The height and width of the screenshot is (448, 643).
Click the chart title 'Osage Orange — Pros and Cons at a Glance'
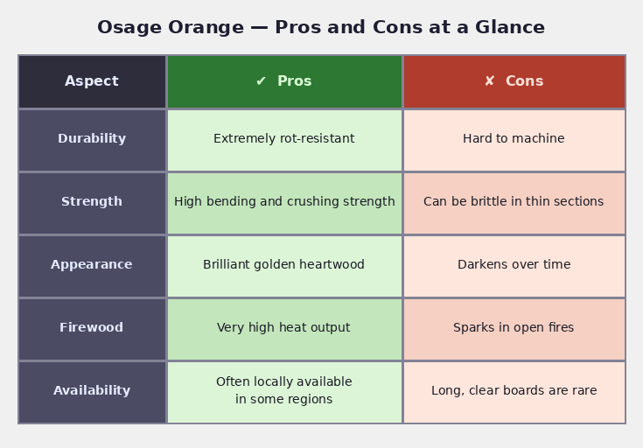(x=321, y=27)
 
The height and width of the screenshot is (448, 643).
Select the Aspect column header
(x=92, y=81)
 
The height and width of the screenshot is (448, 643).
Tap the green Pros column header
(x=284, y=81)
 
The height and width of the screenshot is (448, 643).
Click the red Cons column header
(x=514, y=81)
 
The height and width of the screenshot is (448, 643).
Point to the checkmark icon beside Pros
(x=261, y=81)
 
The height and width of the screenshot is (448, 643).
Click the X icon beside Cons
(x=490, y=81)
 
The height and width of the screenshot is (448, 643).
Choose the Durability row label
(x=92, y=139)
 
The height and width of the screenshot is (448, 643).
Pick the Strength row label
(x=92, y=202)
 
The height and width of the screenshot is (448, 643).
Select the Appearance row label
(x=92, y=265)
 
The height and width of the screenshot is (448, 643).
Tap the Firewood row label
(x=92, y=328)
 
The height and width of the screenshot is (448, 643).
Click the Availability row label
(x=92, y=391)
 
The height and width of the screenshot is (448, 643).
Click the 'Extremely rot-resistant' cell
(x=284, y=139)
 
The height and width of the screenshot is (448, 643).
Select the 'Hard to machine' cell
(x=514, y=139)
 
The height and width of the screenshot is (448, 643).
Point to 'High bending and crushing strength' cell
(x=284, y=202)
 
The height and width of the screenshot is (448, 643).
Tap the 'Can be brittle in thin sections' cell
(x=514, y=202)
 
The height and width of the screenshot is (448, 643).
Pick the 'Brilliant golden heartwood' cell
(x=284, y=265)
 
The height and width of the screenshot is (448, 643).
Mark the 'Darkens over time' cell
(x=514, y=265)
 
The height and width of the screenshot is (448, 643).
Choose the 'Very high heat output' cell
(x=284, y=328)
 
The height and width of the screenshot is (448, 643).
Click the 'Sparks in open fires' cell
(x=514, y=328)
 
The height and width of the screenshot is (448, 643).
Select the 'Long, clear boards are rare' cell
(x=514, y=391)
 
